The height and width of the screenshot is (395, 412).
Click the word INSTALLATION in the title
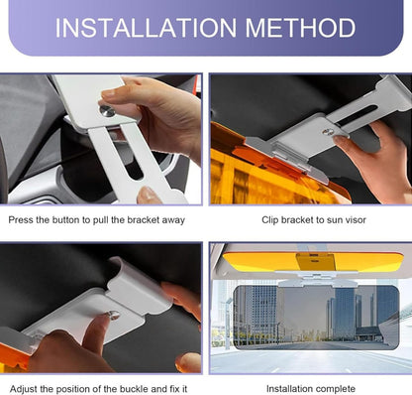point(146,28)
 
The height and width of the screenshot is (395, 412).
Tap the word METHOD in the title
point(300,28)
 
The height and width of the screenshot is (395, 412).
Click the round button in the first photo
point(107,110)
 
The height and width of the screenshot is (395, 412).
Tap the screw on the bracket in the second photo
point(328,132)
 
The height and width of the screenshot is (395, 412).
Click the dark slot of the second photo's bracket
point(356,117)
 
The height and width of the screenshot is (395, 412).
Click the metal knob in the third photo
point(113,316)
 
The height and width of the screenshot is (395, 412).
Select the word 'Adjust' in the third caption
point(23,389)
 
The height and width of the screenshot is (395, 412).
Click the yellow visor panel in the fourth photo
point(313,261)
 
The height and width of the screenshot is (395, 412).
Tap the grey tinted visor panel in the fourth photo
point(316,318)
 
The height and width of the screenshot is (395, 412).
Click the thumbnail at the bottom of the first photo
point(148,195)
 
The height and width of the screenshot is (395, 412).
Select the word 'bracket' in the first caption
point(144,220)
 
